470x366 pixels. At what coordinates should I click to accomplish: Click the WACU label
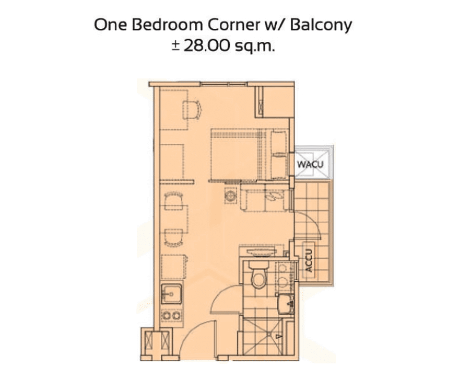click(x=310, y=164)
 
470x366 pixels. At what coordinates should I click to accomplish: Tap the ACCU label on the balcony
click(x=309, y=260)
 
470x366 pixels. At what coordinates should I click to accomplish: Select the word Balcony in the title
click(x=321, y=26)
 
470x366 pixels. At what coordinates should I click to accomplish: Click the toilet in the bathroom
click(x=258, y=276)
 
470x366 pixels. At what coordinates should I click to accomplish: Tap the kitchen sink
click(x=171, y=294)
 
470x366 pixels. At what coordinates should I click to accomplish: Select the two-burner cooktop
click(x=171, y=315)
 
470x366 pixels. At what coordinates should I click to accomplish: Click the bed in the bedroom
click(x=249, y=154)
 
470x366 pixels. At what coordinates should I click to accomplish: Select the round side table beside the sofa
click(x=230, y=196)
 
